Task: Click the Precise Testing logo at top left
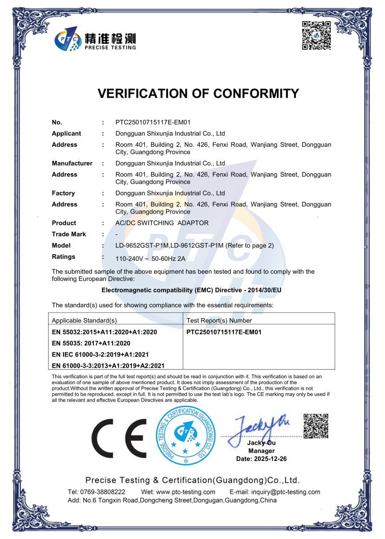pos(95,38)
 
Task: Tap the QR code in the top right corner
pos(316,36)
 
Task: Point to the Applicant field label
pos(66,133)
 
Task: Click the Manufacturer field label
pos(72,163)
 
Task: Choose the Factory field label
pos(64,193)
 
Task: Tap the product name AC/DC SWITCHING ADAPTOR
pos(162,223)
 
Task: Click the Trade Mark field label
pos(69,234)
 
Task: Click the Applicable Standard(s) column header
pos(84,320)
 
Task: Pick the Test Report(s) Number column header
pos(219,320)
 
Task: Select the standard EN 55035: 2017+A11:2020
pos(91,343)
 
